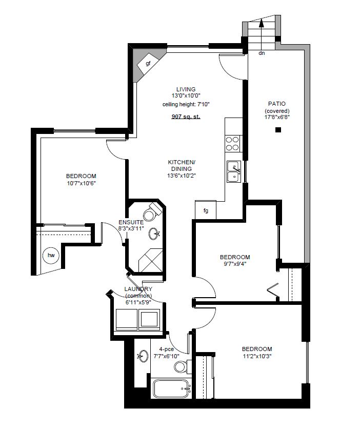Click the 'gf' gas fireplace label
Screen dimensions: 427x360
coord(148,64)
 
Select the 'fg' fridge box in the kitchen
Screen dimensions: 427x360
coord(206,210)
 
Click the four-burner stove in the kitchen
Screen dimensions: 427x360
coord(233,143)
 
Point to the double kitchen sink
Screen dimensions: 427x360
coord(234,171)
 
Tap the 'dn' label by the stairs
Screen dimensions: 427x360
coord(262,53)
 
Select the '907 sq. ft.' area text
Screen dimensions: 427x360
coord(186,117)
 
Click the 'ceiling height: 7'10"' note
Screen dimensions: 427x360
coord(186,104)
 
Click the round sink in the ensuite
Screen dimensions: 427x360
coord(154,234)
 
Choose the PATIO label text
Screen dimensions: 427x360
coord(277,104)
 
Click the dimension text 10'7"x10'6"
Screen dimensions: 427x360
coord(82,183)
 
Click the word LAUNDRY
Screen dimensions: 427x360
coord(138,289)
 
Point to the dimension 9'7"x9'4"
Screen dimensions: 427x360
coord(234,264)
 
